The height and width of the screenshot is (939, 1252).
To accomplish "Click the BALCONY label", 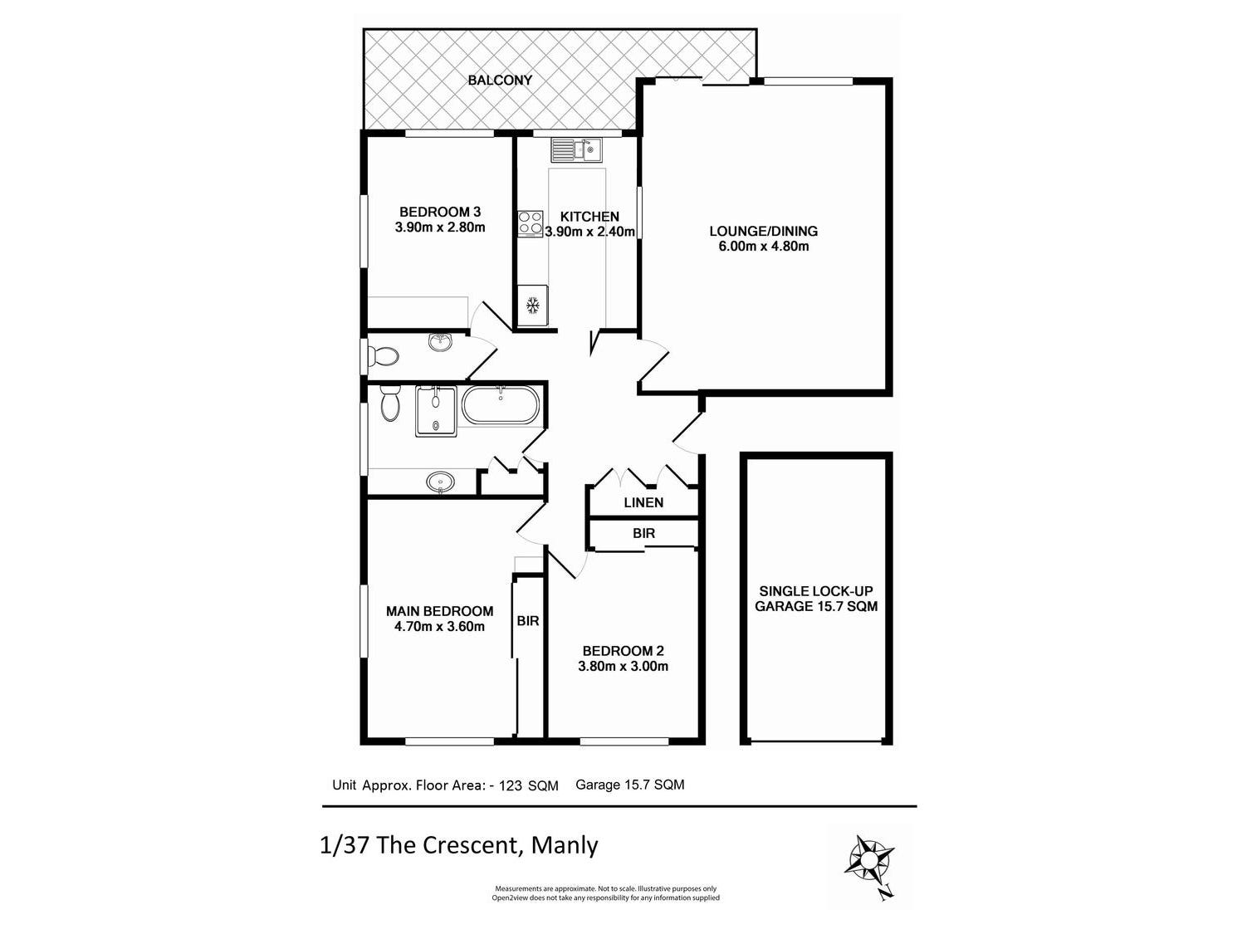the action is [x=499, y=81].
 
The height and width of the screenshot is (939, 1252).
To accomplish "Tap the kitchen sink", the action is [x=577, y=150].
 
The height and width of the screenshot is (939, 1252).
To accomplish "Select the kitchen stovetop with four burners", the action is [x=531, y=223].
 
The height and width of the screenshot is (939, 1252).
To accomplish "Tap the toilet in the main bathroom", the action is [x=389, y=405].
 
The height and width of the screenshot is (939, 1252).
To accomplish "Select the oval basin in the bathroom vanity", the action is [x=440, y=482].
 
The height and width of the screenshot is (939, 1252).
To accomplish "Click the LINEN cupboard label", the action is [x=643, y=502].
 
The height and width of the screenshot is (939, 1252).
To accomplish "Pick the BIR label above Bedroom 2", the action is [x=643, y=534].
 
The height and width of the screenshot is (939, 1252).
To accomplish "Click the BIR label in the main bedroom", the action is [x=528, y=620].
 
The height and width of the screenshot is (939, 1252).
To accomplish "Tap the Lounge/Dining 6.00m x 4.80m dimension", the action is [x=763, y=246].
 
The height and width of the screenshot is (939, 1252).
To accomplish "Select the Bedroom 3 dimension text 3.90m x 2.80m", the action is [x=440, y=227].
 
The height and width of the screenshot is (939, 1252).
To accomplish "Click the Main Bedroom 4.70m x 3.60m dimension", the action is [x=439, y=627].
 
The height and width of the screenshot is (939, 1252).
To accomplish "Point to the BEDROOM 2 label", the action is [x=623, y=651].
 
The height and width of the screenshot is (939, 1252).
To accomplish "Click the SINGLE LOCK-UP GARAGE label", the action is [x=815, y=599].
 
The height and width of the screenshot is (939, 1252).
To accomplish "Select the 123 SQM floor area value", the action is [x=528, y=785].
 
